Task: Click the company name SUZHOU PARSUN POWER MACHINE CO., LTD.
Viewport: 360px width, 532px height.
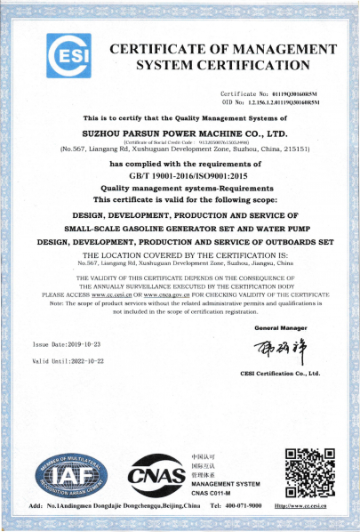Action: [179, 132]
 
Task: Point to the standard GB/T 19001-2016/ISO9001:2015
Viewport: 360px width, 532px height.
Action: [179, 177]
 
